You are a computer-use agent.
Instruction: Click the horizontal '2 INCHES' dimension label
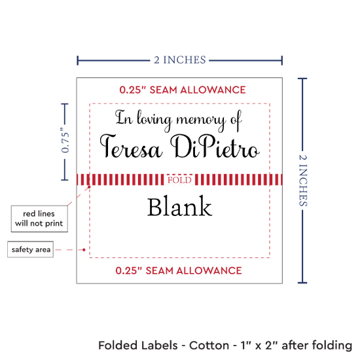(x=180, y=60)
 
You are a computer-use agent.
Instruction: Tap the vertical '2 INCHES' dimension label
(x=303, y=180)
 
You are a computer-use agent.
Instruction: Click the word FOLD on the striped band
(x=179, y=180)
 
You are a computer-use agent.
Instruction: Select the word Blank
(x=179, y=206)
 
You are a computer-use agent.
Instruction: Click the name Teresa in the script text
(x=131, y=146)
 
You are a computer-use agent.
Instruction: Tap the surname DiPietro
(x=215, y=146)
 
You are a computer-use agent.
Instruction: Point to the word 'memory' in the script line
(x=200, y=120)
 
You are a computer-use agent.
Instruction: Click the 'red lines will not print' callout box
(x=39, y=219)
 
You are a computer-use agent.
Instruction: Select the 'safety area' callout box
(x=31, y=249)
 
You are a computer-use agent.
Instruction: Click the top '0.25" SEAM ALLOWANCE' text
(x=183, y=90)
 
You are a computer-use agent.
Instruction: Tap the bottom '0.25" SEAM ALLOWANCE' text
(x=179, y=270)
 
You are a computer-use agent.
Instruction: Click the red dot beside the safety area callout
(x=84, y=249)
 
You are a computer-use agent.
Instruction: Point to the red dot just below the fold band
(x=89, y=187)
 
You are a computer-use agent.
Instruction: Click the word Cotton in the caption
(x=209, y=346)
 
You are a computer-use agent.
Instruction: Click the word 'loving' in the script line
(x=154, y=120)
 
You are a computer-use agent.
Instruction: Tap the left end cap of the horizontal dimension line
(x=78, y=60)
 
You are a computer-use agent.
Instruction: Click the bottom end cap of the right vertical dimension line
(x=302, y=282)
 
